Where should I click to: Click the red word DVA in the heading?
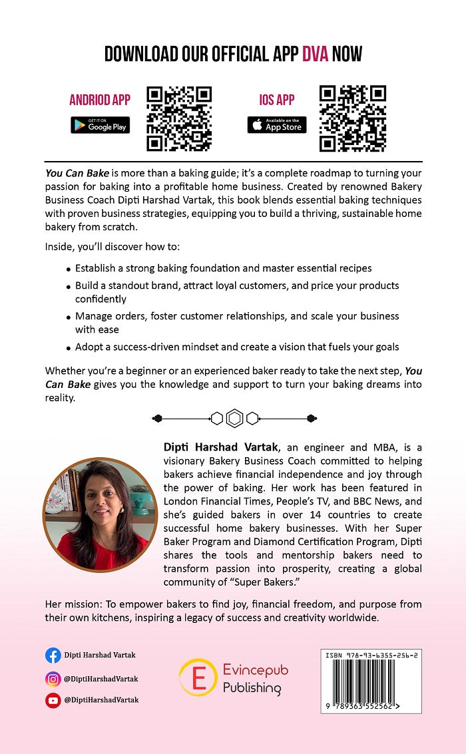[315, 54]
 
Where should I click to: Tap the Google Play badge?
[101, 124]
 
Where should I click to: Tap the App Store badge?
[277, 124]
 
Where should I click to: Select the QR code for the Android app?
[179, 118]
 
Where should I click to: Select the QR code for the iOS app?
[353, 118]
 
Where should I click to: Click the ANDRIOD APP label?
[100, 100]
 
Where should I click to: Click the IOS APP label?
[277, 100]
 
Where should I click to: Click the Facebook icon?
[53, 656]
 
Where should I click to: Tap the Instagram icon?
[53, 679]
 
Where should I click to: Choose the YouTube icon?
[53, 700]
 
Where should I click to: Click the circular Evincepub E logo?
[198, 677]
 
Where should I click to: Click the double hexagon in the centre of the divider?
[234, 418]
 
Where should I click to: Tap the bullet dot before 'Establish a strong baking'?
[69, 270]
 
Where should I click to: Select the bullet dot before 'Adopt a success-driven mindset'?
[69, 347]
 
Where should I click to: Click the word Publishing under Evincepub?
[252, 688]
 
